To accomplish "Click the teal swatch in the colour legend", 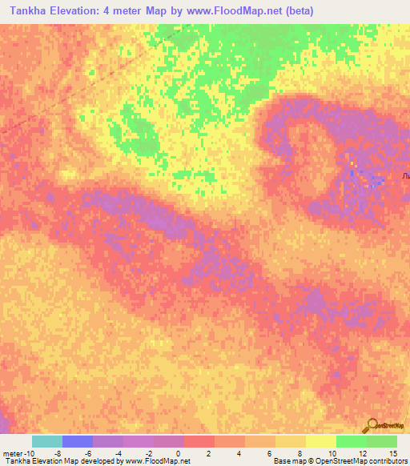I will click(x=47, y=441).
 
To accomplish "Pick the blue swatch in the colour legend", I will click(x=78, y=441).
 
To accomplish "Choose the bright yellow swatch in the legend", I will click(x=320, y=441).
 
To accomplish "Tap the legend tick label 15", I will click(x=392, y=453).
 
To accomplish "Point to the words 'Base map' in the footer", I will click(x=285, y=461).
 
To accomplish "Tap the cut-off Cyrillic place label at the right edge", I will click(x=405, y=175).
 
